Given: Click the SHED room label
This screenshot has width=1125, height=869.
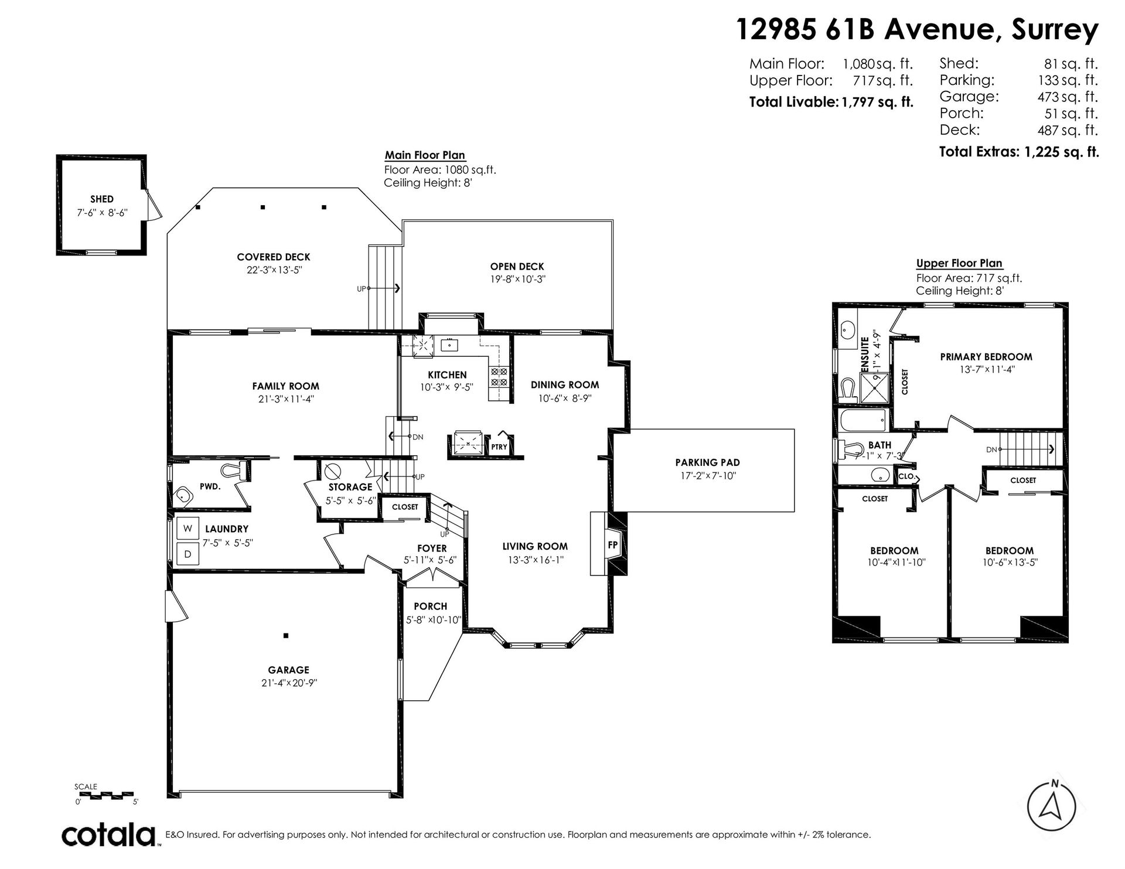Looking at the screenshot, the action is pos(102,199).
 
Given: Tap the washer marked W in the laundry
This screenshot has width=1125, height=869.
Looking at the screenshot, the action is pos(187,528).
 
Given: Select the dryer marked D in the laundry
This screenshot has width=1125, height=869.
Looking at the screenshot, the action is pos(187,554).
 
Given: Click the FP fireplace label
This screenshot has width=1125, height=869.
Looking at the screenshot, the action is pos(613,544).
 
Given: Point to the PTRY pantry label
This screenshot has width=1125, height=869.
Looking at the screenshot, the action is pos(499,447).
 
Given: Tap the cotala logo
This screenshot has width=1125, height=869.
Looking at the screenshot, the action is pos(110,835).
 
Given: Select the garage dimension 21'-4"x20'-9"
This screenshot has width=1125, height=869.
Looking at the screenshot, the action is pos(289,683).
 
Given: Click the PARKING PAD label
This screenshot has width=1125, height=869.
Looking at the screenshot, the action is pos(707,462).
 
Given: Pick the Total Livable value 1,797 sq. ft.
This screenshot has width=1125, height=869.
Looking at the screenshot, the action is pos(877,102).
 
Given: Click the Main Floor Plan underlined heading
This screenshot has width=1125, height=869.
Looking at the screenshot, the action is pos(425,155).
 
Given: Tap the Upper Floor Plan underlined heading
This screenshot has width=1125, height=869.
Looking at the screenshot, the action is pos(959,264).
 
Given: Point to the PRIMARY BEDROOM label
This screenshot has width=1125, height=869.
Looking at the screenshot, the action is pos(986,356).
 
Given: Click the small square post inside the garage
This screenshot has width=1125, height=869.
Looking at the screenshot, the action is pos(285,635).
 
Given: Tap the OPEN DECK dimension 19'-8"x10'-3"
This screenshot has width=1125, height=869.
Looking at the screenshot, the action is pos(518,280).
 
